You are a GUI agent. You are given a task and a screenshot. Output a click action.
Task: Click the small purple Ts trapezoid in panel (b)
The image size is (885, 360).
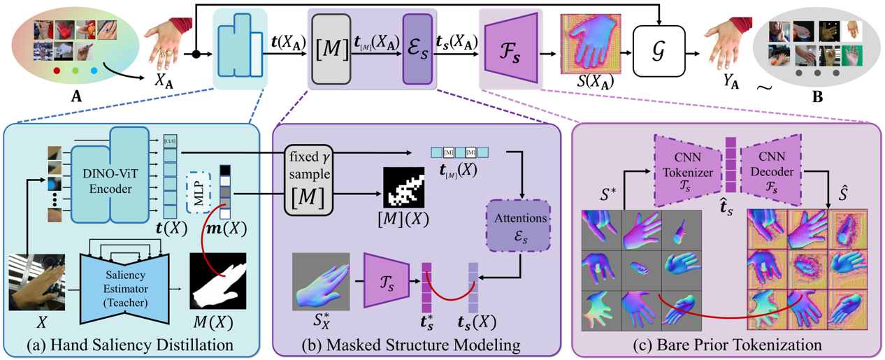384,280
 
